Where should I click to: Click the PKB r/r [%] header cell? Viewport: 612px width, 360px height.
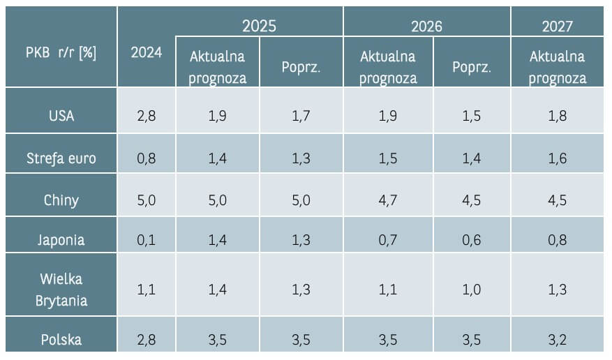60,54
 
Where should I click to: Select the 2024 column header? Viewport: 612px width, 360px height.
147,54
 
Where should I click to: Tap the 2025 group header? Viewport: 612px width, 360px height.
259,26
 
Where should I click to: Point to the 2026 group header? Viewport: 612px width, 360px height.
427,26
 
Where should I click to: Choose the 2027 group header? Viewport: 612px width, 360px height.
557,26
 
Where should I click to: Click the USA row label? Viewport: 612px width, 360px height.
61,116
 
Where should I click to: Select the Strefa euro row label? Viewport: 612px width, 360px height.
61,158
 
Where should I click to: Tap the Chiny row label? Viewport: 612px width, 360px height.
61,200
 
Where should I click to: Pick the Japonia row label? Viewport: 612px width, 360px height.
61,240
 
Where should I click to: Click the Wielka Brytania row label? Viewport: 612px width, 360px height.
61,290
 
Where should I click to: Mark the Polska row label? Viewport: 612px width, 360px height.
61,340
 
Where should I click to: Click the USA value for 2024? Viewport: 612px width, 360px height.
147,116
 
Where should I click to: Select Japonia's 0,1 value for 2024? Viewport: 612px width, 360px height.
147,240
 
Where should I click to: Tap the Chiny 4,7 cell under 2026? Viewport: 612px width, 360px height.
387,200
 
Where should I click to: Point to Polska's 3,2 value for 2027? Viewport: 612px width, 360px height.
557,340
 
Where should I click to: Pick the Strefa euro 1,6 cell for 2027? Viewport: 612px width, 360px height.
557,158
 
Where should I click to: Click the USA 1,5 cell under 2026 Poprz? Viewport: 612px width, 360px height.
472,116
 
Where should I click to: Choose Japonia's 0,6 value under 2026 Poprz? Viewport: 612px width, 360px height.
472,240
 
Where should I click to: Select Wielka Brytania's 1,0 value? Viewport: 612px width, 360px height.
472,290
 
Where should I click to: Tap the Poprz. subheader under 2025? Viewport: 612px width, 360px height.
301,68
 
